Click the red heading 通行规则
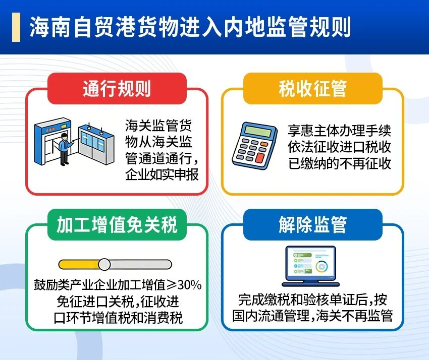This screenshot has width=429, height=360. click(117, 88)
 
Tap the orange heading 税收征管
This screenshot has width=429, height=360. click(313, 88)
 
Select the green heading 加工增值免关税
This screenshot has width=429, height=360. click(117, 225)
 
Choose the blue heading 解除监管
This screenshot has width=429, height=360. click(313, 225)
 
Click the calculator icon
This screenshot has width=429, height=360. click(254, 145)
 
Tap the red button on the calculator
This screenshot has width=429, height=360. click(260, 157)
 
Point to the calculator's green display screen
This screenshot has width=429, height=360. click(258, 131)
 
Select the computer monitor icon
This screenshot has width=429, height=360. click(310, 266)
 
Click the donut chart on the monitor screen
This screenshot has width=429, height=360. click(322, 267)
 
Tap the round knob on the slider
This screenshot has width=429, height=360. click(104, 264)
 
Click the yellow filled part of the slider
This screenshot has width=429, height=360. click(79, 264)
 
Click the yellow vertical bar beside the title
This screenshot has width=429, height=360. click(16, 27)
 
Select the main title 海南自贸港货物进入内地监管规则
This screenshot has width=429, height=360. click(190, 27)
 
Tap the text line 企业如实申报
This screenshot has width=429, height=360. click(162, 174)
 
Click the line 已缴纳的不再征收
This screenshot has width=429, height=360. click(340, 164)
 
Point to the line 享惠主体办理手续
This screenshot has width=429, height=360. click(340, 131)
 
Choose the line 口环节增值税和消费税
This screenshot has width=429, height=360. click(118, 318)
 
